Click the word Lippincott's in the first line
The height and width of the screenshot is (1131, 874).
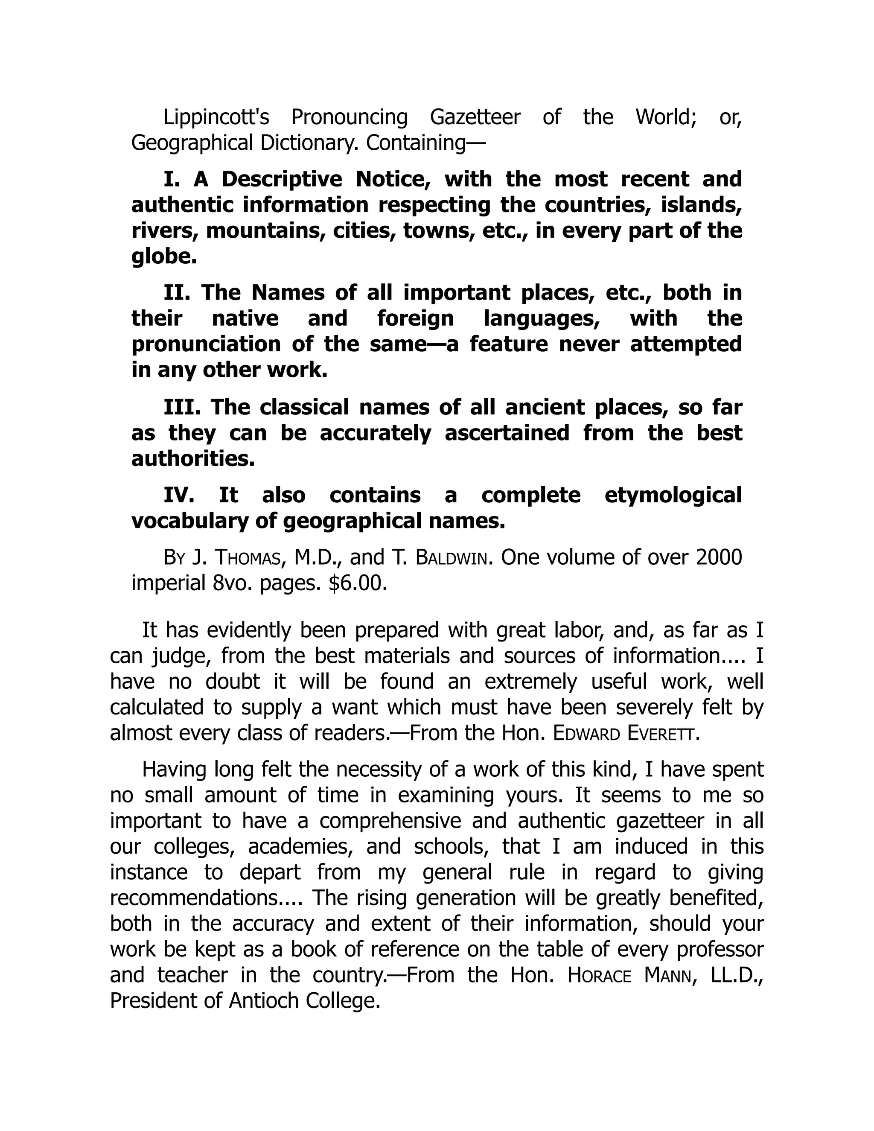(216, 117)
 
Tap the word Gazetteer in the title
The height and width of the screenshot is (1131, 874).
(475, 117)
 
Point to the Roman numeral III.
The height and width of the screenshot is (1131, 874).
(182, 408)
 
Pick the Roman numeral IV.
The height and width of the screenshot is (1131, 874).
(179, 496)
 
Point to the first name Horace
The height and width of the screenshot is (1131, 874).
(599, 976)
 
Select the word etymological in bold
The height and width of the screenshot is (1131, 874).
(673, 496)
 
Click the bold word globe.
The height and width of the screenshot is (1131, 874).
(163, 257)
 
